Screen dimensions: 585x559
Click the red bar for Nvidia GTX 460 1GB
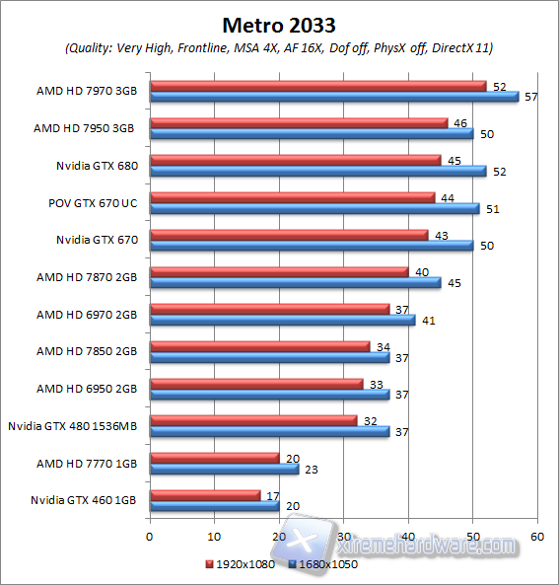pos(204,495)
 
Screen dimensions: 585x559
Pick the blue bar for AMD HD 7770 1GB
pos(224,470)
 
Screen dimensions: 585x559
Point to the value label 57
pos(529,97)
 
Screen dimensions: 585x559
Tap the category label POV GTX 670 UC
pos(92,202)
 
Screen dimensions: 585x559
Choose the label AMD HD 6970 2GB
pos(87,315)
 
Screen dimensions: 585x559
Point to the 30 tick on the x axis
pos(343,538)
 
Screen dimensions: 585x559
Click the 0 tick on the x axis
pos(149,538)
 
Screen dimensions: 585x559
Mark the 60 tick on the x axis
pos(537,538)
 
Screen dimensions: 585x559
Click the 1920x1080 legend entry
pos(241,564)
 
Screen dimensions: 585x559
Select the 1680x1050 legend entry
pos(324,564)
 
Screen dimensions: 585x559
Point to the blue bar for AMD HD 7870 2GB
pos(295,283)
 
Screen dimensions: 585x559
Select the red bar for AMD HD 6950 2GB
pos(256,384)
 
